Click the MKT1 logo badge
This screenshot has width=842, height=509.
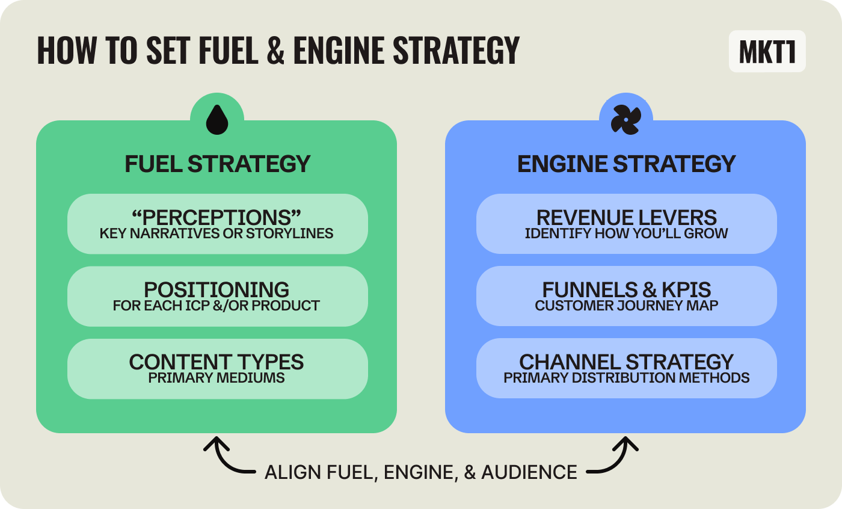(767, 52)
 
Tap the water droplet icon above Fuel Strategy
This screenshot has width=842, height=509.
(217, 120)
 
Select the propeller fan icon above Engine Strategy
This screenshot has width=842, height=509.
(625, 120)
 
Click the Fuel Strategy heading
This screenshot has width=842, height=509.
(217, 164)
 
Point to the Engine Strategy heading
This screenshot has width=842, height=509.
(626, 164)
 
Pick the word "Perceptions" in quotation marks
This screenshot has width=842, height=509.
(217, 217)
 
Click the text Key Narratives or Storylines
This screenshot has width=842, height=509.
(217, 233)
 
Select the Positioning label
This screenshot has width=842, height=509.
(217, 289)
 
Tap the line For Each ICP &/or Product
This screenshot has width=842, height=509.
(217, 306)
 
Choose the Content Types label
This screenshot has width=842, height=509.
(217, 362)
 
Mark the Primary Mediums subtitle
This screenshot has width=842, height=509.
(217, 378)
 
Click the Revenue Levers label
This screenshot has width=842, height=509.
(627, 217)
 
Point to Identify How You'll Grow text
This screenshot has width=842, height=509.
(627, 233)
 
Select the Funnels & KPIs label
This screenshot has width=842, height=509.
(627, 289)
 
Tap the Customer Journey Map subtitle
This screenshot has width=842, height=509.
(627, 306)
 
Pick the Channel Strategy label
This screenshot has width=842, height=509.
(627, 362)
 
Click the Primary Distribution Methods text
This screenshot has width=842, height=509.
(627, 378)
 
